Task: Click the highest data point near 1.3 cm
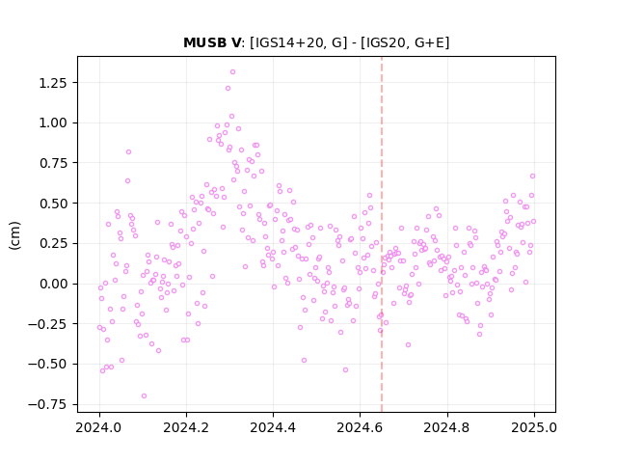(232, 72)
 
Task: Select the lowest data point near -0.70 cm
(144, 396)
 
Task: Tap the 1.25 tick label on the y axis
(53, 83)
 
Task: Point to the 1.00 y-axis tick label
(53, 123)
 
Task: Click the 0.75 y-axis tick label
(53, 163)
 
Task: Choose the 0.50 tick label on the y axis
(53, 204)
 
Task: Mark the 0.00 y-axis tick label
(53, 284)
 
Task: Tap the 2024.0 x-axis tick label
(99, 428)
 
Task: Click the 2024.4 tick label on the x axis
(273, 428)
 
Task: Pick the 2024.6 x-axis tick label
(360, 428)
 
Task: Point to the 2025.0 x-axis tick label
(534, 428)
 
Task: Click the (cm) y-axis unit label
(14, 235)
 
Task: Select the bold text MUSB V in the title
(212, 42)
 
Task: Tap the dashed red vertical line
(382, 234)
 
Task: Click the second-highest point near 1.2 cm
(228, 89)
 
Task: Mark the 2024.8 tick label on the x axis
(447, 428)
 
